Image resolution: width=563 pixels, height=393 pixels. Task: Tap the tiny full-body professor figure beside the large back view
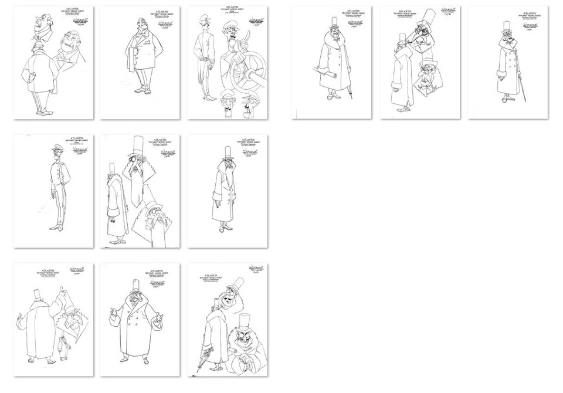63,348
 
